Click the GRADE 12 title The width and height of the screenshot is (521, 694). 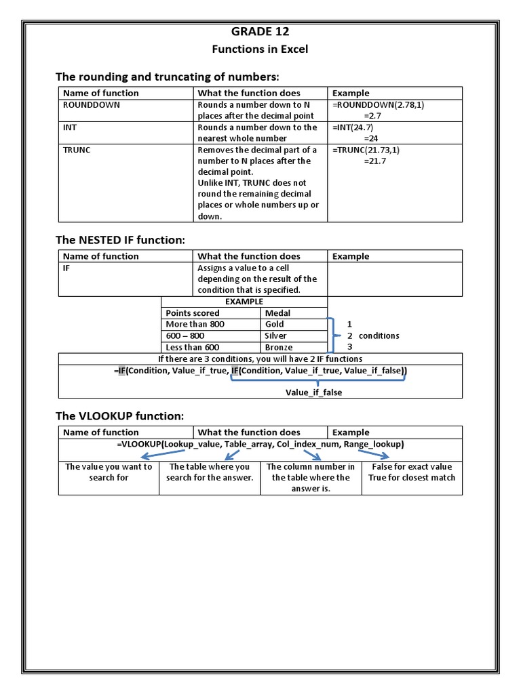[260, 31]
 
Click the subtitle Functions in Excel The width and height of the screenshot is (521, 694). [260, 49]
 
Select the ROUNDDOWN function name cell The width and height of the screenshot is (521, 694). [91, 105]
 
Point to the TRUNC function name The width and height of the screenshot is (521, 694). [76, 150]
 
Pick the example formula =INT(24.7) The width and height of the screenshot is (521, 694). [353, 127]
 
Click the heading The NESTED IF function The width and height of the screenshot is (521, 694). [119, 239]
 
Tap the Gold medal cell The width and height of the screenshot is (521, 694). [275, 324]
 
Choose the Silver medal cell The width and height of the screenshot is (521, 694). [275, 335]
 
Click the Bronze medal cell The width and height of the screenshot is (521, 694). [279, 347]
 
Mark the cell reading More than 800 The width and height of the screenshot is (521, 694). [195, 324]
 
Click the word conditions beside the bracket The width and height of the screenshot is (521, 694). [379, 335]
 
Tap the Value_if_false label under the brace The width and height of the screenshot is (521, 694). [313, 392]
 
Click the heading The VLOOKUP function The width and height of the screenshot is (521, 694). [119, 415]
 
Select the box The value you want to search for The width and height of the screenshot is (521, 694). [109, 472]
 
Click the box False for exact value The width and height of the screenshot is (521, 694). [412, 466]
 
